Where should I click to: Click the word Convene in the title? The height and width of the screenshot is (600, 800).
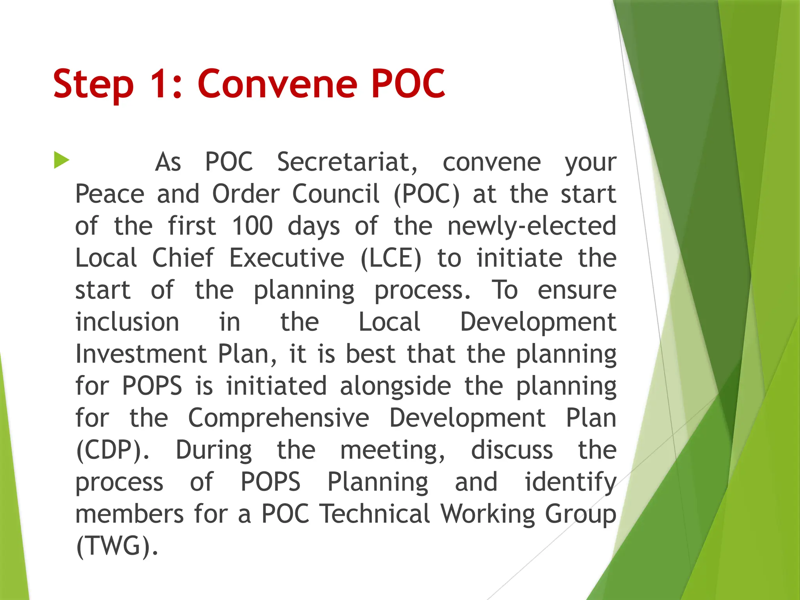[277, 84]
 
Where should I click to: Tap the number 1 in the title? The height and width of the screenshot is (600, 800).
[162, 84]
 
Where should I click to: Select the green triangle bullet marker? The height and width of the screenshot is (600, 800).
[61, 160]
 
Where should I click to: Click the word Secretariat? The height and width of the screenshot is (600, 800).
[347, 162]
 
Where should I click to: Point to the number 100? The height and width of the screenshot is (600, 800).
[252, 226]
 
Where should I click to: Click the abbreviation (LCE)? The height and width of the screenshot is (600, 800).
[391, 258]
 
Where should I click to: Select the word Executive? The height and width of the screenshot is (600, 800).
[286, 258]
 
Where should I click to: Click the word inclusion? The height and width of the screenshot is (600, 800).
[127, 322]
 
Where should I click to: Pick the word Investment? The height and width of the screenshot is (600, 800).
[141, 354]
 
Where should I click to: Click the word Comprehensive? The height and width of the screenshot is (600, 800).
[279, 418]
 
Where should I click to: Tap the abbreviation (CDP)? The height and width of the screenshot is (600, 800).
[112, 450]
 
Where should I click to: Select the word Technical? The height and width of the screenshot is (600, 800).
[375, 514]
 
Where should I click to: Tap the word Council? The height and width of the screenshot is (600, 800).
[336, 194]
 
